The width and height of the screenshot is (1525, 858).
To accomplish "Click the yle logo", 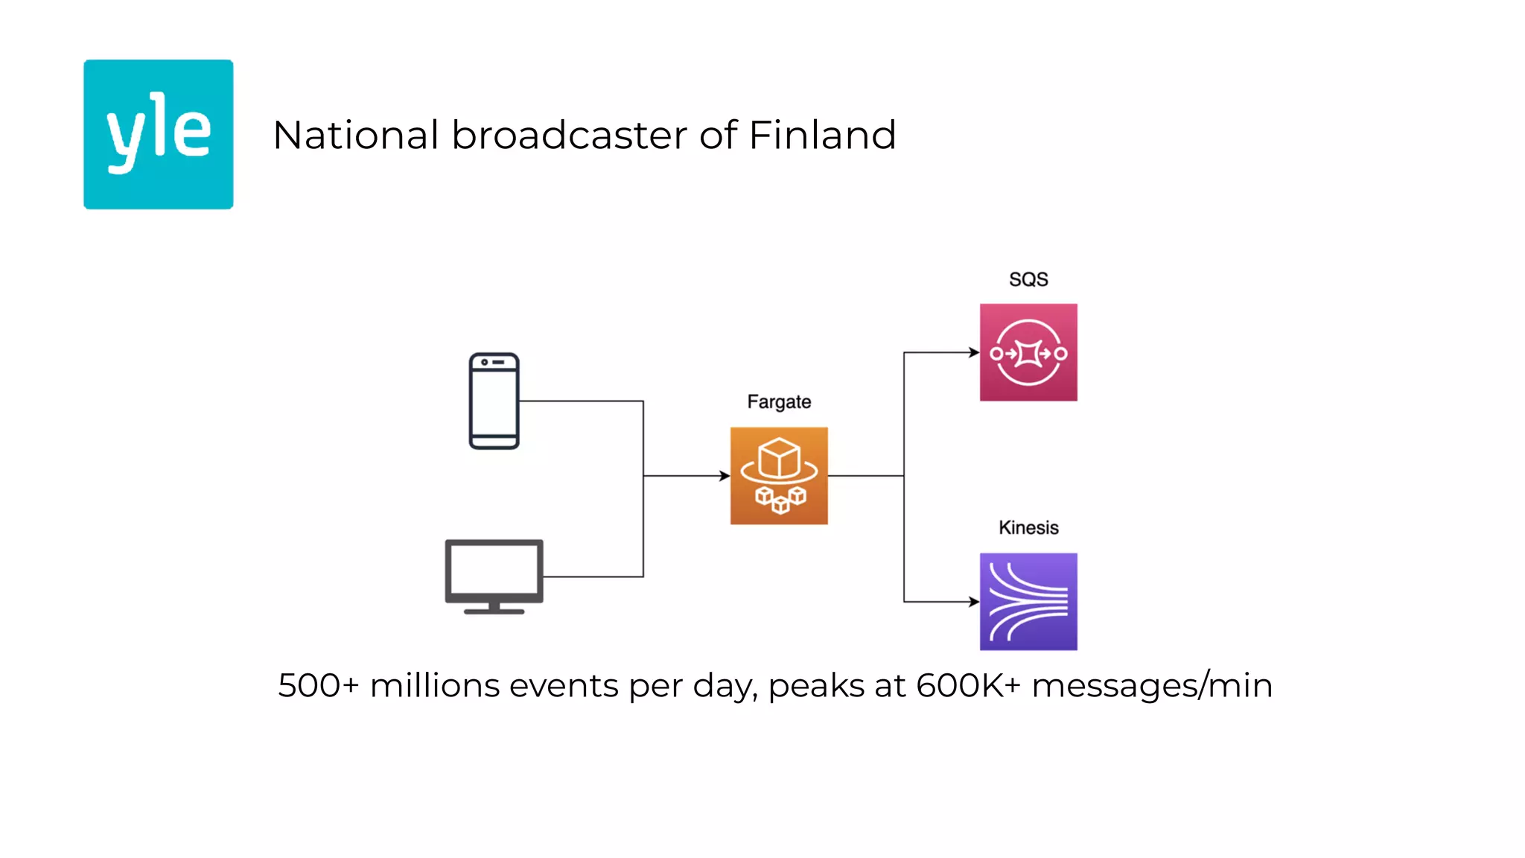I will tap(158, 134).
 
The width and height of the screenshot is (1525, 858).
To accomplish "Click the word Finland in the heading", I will tap(821, 136).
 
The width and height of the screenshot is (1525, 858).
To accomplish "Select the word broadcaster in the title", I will tap(569, 136).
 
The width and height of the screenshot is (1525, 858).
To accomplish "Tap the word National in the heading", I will tap(355, 136).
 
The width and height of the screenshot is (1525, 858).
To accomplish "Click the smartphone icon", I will tap(494, 401).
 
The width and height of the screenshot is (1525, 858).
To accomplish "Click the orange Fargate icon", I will tap(779, 475).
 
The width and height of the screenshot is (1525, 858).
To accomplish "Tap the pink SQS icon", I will tap(1028, 352).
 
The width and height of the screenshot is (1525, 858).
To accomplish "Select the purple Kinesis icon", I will tap(1028, 601).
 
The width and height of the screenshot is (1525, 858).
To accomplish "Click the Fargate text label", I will tap(779, 401).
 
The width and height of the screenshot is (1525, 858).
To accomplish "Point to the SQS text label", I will tap(1028, 279).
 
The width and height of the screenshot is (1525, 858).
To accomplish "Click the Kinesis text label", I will tap(1028, 527).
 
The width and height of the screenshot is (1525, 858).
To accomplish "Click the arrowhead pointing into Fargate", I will tap(725, 475).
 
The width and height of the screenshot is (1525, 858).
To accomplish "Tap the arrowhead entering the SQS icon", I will tap(974, 352).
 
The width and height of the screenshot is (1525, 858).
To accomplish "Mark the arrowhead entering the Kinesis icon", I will tap(974, 601).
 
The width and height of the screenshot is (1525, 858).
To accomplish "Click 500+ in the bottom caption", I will tap(318, 685).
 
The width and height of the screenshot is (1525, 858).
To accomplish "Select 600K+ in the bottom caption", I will tap(967, 685).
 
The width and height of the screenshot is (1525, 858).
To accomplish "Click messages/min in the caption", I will tap(1151, 685).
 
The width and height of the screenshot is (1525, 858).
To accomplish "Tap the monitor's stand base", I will tap(494, 611).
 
